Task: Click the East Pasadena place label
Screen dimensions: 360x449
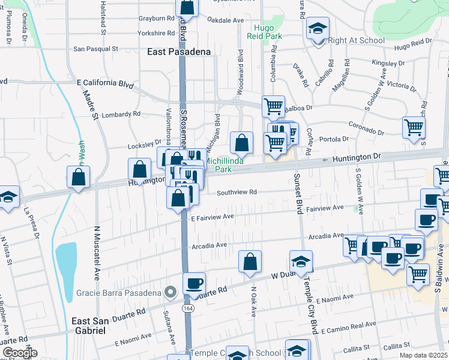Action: (x=179, y=52)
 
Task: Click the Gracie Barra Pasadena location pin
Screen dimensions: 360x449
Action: (x=170, y=293)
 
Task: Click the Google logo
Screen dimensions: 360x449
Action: (x=19, y=353)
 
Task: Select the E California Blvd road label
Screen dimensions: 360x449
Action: (x=104, y=84)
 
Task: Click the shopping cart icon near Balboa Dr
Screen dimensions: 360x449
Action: (x=274, y=107)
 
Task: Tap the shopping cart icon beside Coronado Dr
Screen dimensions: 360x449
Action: (x=414, y=127)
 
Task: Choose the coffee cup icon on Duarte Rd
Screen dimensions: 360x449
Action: (x=193, y=283)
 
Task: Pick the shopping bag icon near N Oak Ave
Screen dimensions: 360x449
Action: (x=250, y=261)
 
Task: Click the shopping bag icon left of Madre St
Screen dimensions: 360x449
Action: (x=79, y=176)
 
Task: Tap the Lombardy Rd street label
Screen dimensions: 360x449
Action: (x=121, y=113)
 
